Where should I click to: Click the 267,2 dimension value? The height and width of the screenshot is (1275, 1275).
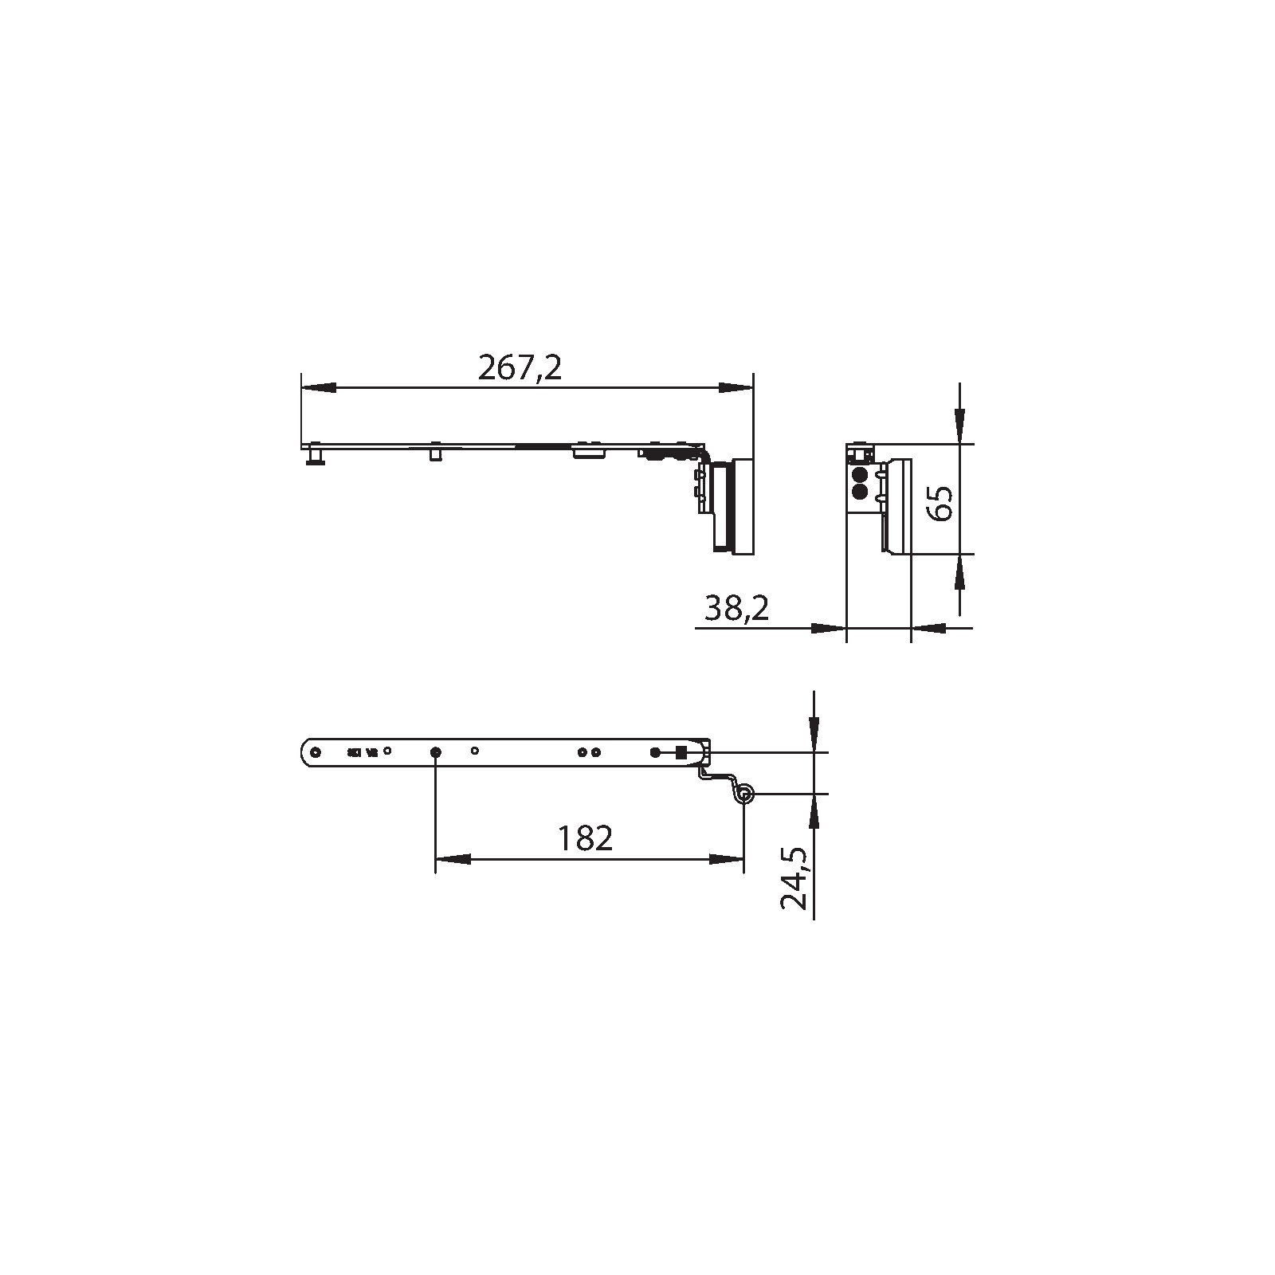520,368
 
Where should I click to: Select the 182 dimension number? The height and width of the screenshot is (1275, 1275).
585,838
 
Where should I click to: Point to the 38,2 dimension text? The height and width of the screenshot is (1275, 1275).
737,609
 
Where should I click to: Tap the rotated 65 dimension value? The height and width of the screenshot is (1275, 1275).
942,502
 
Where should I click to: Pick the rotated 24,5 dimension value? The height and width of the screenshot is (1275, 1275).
794,878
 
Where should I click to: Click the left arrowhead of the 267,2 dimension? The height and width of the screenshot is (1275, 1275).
318,388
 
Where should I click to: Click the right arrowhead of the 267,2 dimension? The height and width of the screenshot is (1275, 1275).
736,388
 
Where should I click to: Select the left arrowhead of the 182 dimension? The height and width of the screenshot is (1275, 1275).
452,859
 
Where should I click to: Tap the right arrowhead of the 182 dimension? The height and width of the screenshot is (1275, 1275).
727,859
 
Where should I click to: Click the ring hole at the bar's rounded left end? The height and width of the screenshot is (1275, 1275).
316,752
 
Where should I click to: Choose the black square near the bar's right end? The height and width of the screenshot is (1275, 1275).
681,751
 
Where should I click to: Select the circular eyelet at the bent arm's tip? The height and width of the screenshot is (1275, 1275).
744,794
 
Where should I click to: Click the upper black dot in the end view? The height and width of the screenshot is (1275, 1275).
859,475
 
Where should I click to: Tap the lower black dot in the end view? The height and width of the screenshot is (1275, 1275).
859,491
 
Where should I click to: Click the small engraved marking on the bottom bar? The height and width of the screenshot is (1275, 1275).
362,751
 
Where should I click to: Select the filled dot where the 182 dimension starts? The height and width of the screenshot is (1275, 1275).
435,752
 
